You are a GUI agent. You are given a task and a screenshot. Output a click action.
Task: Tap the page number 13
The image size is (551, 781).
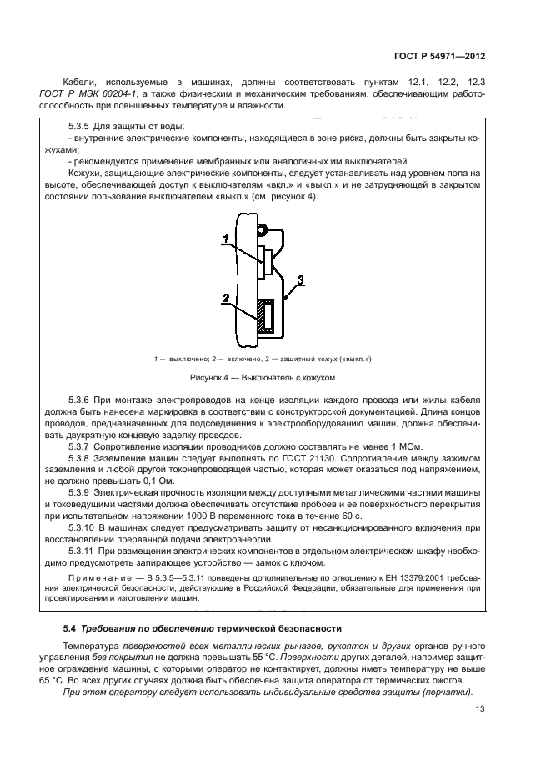480,709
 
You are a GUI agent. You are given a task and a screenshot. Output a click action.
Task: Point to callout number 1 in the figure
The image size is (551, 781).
225,239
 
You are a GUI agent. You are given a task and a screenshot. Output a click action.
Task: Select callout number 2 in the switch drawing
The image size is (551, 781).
225,298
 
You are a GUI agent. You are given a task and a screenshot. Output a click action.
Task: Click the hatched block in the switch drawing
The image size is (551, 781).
266,318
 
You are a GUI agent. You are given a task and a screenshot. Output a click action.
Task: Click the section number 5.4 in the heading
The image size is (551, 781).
70,627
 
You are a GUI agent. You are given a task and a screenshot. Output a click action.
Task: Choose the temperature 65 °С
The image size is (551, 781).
77,681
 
